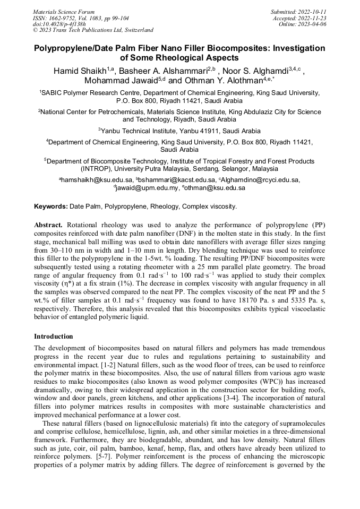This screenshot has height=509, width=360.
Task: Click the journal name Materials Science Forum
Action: pyautogui.click(x=64, y=11)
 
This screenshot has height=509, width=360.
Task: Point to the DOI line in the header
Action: pyautogui.click(x=59, y=24)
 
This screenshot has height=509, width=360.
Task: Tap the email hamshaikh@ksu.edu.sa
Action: pyautogui.click(x=97, y=180)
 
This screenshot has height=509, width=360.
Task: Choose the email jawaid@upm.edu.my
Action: pyautogui.click(x=143, y=187)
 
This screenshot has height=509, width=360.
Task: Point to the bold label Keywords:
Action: pyautogui.click(x=50, y=206)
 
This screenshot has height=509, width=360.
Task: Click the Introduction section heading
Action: pyautogui.click(x=54, y=336)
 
